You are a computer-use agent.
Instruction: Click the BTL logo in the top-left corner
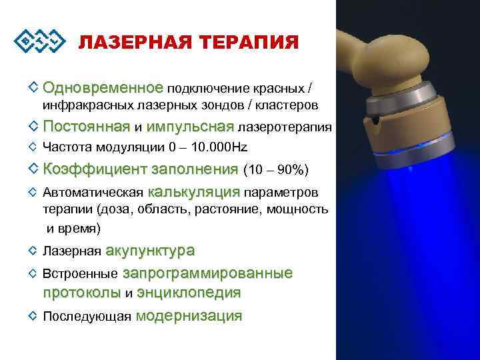[40, 41]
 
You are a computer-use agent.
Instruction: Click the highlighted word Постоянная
[86, 127]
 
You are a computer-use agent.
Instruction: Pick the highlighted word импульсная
[190, 127]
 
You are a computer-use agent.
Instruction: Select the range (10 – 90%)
[276, 169]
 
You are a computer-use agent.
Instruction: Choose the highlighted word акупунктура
[150, 251]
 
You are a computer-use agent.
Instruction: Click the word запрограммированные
[207, 273]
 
